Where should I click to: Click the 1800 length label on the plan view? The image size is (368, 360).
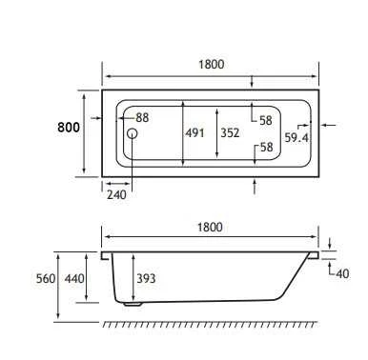coord(211,64)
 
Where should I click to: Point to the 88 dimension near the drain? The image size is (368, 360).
coord(143,118)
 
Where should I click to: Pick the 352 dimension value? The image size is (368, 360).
coord(230,133)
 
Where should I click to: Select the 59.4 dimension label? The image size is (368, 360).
coord(297,138)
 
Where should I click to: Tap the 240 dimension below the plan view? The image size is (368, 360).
coord(116,196)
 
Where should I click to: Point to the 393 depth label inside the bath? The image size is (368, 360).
coord(146,279)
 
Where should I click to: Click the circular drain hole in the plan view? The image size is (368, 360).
coord(132,134)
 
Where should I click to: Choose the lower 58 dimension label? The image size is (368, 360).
coord(266,148)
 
